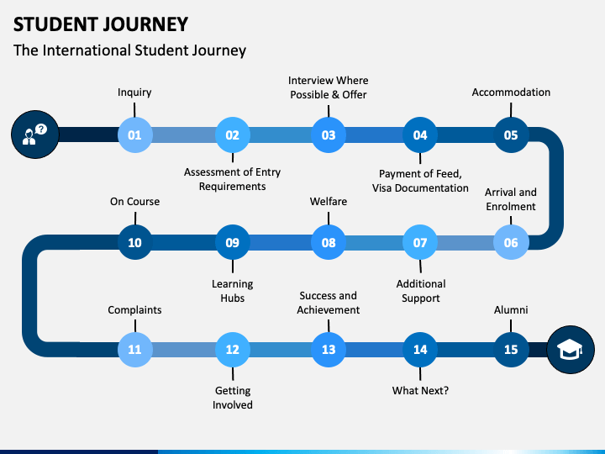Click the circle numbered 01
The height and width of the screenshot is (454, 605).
tap(134, 135)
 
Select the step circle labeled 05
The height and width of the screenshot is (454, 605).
tap(511, 135)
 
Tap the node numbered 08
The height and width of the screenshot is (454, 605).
tap(329, 242)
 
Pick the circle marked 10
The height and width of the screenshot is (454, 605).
tap(134, 242)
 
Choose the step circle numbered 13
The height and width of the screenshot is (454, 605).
tap(329, 350)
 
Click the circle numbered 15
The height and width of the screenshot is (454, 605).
tap(511, 350)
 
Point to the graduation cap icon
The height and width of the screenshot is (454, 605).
tap(571, 350)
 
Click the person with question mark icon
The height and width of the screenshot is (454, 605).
tap(34, 135)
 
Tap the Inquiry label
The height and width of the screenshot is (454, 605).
tap(134, 92)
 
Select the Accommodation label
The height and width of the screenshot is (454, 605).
tap(511, 92)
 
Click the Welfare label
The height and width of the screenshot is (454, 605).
tap(329, 201)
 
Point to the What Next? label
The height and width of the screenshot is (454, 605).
tap(420, 390)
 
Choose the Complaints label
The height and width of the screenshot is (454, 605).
tap(134, 310)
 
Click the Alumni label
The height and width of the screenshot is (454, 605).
tap(511, 309)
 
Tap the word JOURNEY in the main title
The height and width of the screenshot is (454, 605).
tap(144, 24)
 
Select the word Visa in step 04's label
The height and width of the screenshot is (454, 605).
tap(381, 188)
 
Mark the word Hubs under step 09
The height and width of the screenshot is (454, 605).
tap(232, 298)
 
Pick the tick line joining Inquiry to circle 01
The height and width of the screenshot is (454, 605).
tap(134, 109)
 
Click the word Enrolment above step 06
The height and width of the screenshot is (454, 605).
tap(511, 207)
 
